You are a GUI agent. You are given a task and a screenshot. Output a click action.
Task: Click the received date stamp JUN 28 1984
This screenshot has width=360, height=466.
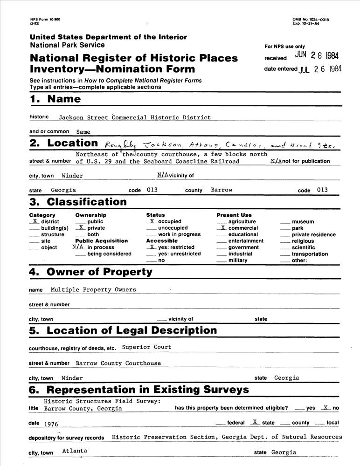pos(317,56)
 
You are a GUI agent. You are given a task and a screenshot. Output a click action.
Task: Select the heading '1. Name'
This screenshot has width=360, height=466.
pos(55,99)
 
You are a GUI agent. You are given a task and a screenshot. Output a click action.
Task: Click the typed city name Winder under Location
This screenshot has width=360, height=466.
pos(72,176)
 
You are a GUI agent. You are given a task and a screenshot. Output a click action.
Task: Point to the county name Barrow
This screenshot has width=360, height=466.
pos(222,190)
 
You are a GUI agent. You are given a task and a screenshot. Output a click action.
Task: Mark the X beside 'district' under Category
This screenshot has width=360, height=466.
pos(35,221)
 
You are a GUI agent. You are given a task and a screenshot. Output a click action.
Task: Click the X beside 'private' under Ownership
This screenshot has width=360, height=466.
pos(81,228)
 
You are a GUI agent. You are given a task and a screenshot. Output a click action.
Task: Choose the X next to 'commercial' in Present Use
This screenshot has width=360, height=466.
pos(223,228)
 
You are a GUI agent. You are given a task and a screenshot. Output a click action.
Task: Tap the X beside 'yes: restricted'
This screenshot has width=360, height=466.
pos(152,247)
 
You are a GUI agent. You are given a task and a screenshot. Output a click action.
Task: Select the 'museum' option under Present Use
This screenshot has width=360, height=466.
pos(303,222)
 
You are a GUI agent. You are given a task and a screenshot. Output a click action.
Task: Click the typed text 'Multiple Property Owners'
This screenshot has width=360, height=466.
pos(93,290)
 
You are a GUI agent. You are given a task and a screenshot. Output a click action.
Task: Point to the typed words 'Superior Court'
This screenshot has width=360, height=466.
pos(146,347)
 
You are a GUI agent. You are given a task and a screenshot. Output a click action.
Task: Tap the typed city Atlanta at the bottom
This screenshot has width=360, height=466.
pos(74,451)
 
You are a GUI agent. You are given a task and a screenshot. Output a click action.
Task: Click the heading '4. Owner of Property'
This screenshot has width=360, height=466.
pos(90,272)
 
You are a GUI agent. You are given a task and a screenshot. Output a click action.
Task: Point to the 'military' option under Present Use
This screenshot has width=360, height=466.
pos(238,260)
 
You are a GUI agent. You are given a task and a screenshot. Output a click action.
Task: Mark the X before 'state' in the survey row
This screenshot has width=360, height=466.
pos(254,422)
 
